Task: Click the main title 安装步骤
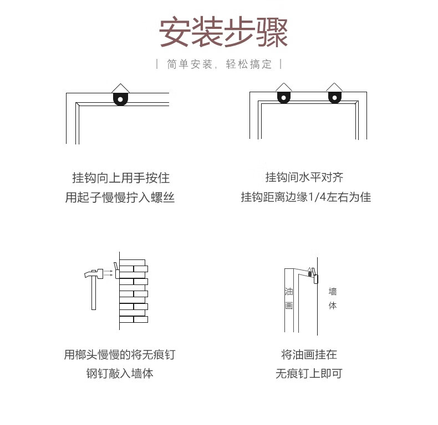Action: tap(223, 32)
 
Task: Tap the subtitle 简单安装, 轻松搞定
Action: tap(220, 64)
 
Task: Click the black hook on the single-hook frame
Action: tap(120, 99)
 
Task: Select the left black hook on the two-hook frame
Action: tap(284, 97)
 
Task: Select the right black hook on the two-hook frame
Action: tap(334, 97)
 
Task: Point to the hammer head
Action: tap(94, 273)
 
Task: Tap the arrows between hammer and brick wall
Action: tap(108, 273)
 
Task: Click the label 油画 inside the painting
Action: tap(289, 298)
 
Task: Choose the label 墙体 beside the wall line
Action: tap(333, 298)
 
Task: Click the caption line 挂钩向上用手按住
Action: tap(121, 178)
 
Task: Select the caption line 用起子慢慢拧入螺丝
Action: tap(120, 197)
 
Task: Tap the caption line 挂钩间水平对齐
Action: tap(304, 177)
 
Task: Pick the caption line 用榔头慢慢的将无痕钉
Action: tap(120, 354)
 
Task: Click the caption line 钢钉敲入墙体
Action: tap(120, 373)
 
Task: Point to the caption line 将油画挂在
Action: tap(309, 354)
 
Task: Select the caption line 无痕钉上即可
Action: tap(309, 373)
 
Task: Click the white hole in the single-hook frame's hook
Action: tap(120, 99)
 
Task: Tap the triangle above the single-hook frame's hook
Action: tap(120, 88)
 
